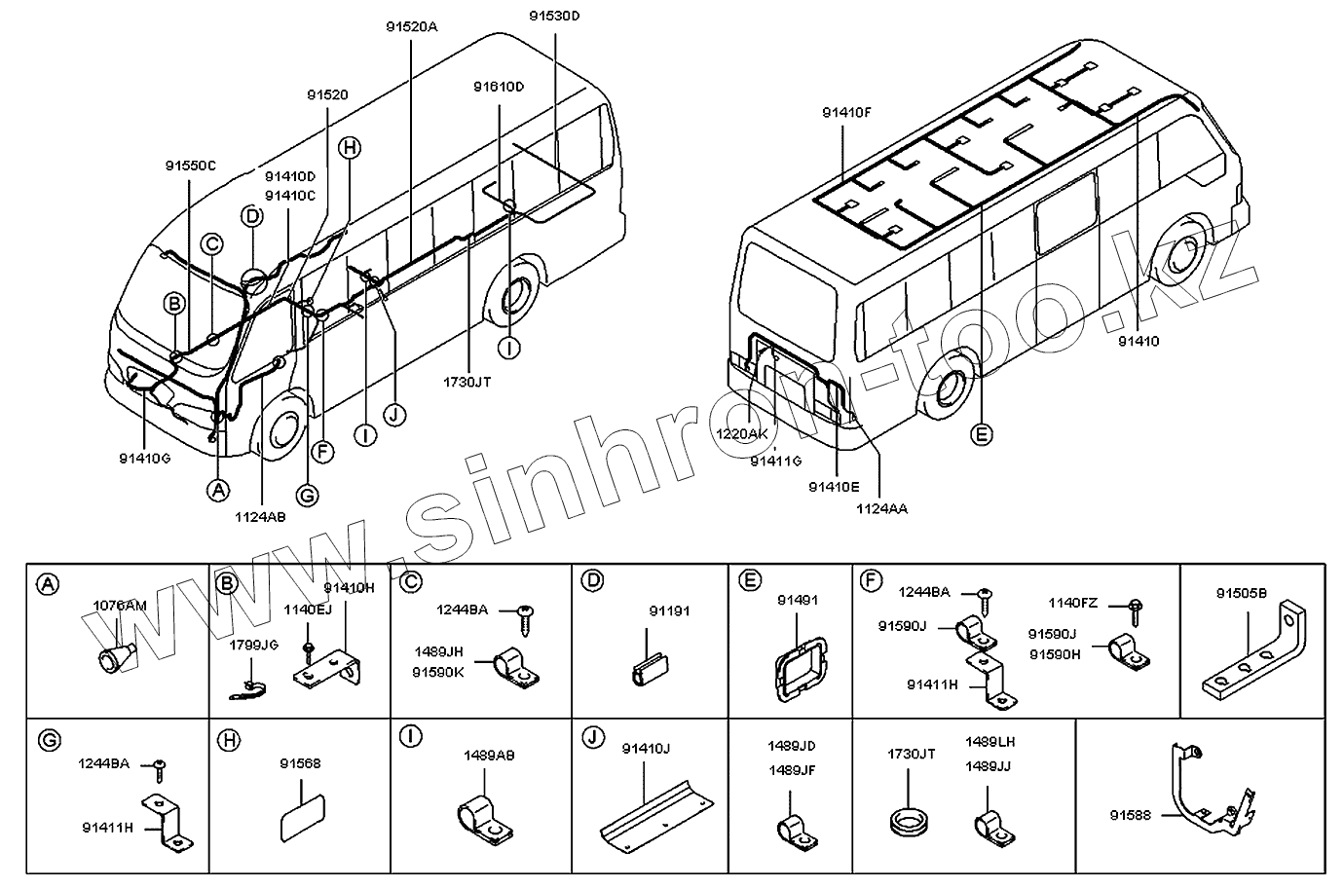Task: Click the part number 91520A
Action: [x=411, y=27]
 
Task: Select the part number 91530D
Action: [x=554, y=16]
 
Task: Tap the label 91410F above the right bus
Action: [x=845, y=113]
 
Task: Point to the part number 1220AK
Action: [x=743, y=434]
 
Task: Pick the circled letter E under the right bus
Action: [x=983, y=434]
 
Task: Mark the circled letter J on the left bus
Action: [x=394, y=415]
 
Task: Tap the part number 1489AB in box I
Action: [x=489, y=755]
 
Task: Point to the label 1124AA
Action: [x=881, y=507]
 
